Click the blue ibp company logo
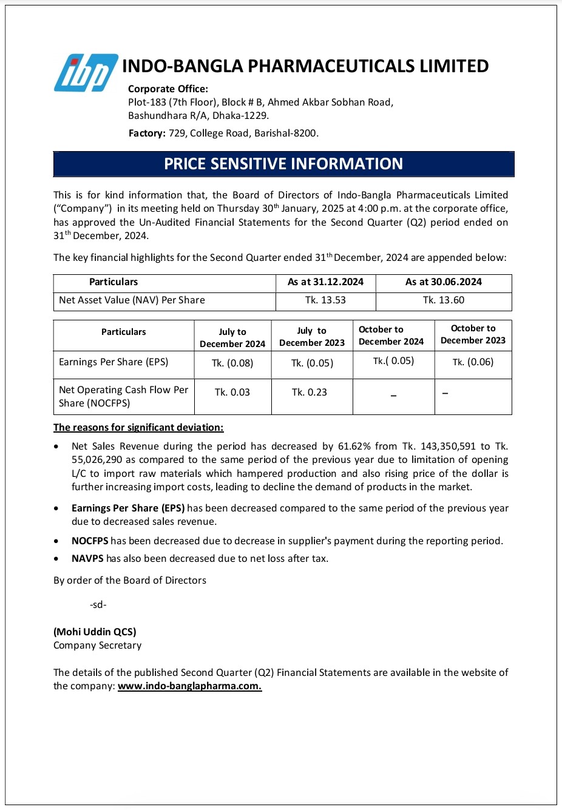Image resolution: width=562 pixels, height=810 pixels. (x=86, y=73)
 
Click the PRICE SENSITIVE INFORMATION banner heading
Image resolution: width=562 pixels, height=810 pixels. (x=283, y=164)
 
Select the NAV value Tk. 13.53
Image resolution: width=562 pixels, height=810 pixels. (x=325, y=300)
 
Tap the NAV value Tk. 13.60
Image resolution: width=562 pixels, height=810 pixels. (x=444, y=300)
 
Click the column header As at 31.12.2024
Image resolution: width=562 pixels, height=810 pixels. (x=325, y=282)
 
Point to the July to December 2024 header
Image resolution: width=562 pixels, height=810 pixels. (x=232, y=338)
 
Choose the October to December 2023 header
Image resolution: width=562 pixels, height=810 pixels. (x=473, y=334)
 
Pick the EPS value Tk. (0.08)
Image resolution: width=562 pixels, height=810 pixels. (x=232, y=363)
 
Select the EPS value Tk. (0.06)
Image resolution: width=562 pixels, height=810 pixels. (x=473, y=362)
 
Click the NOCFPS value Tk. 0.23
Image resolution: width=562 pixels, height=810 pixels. (x=309, y=393)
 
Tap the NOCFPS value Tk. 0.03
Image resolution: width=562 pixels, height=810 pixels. (x=232, y=393)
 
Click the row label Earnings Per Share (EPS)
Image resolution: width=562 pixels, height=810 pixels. (x=113, y=362)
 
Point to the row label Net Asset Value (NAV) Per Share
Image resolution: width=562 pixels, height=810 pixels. (x=132, y=300)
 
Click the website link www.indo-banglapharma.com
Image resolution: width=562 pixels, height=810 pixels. (x=189, y=686)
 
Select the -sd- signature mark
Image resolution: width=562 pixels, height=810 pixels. (x=98, y=605)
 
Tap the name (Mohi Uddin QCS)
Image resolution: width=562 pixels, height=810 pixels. (x=95, y=632)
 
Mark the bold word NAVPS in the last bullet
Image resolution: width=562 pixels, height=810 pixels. (x=87, y=559)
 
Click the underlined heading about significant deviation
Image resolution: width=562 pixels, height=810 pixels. (x=138, y=428)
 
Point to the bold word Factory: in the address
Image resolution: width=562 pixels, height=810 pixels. (x=147, y=133)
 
